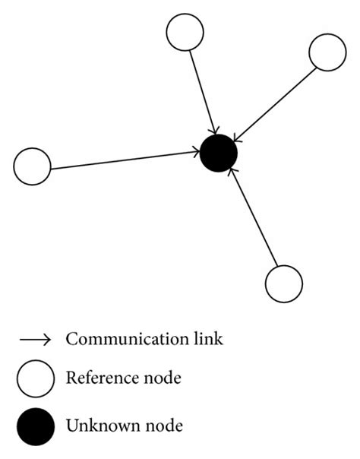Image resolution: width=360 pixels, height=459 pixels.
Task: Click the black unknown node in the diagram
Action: pyautogui.click(x=219, y=154)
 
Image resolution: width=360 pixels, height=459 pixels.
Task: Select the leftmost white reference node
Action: pyautogui.click(x=33, y=166)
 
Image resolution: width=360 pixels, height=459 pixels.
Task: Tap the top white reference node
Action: pyautogui.click(x=185, y=33)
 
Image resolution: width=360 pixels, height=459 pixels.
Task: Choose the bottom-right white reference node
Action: pyautogui.click(x=283, y=283)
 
